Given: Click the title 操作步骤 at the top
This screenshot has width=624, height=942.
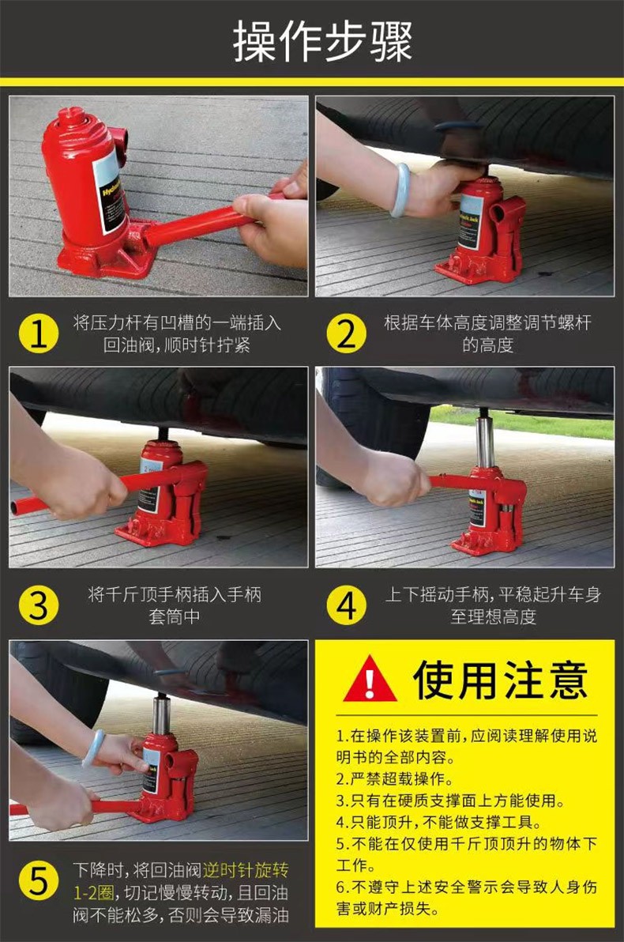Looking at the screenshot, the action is pyautogui.click(x=322, y=41).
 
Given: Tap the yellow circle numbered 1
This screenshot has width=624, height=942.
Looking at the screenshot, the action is pyautogui.click(x=39, y=333).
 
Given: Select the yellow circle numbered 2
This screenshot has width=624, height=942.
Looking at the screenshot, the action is pyautogui.click(x=347, y=333).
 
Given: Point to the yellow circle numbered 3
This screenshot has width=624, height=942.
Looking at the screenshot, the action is pyautogui.click(x=39, y=605).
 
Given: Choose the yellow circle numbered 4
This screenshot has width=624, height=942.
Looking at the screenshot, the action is pyautogui.click(x=347, y=605).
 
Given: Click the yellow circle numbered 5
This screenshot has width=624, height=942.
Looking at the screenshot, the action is pyautogui.click(x=39, y=881).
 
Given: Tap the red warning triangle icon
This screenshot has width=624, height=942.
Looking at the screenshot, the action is pyautogui.click(x=370, y=680).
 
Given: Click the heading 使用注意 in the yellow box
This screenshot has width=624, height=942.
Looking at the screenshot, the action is pyautogui.click(x=500, y=680).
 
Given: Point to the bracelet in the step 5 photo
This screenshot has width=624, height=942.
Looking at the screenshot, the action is pyautogui.click(x=92, y=748).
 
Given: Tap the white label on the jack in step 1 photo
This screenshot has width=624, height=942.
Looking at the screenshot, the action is pyautogui.click(x=109, y=192).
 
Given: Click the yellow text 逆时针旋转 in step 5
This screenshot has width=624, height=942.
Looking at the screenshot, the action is pyautogui.click(x=245, y=870).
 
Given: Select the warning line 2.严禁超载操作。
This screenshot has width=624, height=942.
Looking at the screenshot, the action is pyautogui.click(x=394, y=779).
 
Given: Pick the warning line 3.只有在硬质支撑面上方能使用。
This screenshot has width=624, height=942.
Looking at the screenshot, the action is pyautogui.click(x=450, y=801).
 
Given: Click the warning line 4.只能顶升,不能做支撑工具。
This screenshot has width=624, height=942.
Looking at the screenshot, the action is pyautogui.click(x=439, y=823).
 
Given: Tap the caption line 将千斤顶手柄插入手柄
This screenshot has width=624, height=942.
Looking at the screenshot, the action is pyautogui.click(x=175, y=595).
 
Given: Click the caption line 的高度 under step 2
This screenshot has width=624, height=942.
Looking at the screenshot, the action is pyautogui.click(x=487, y=345).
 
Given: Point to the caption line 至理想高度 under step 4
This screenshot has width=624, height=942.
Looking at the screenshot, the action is pyautogui.click(x=493, y=617).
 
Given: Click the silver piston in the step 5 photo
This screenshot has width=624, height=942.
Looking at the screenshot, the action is pyautogui.click(x=161, y=714).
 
